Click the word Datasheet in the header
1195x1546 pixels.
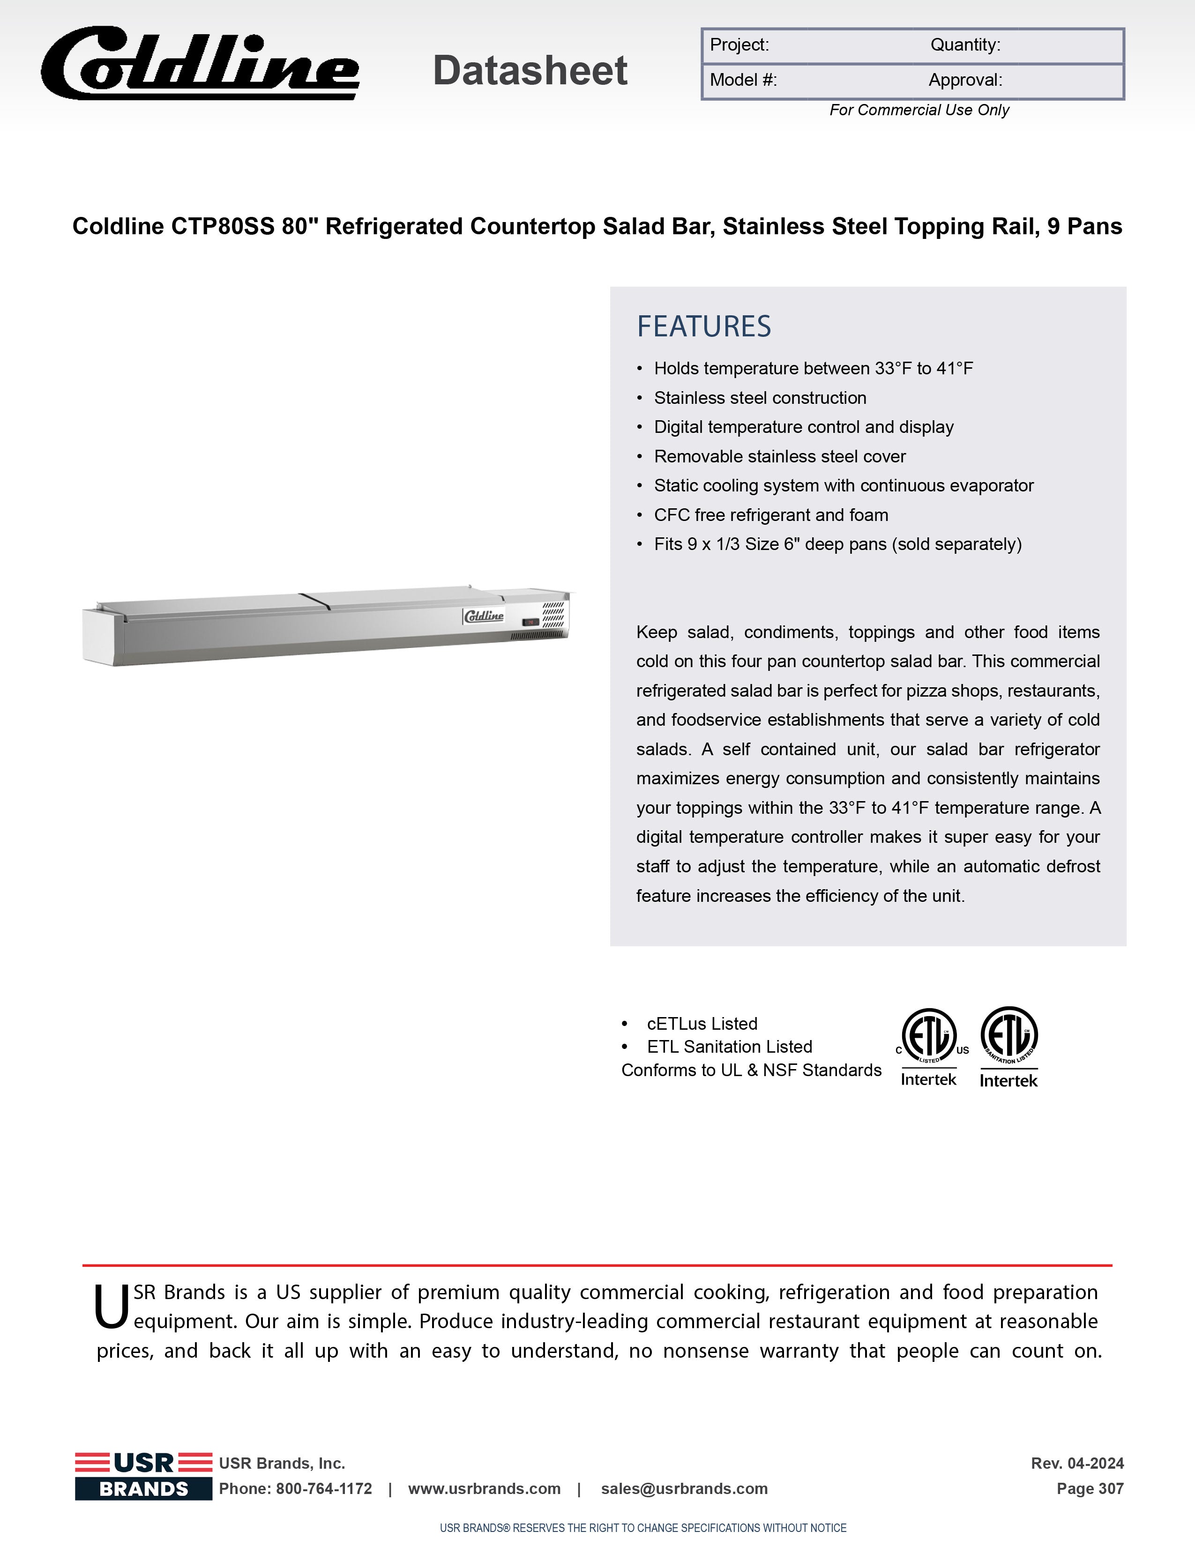[x=530, y=71]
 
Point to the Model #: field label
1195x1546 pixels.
[x=743, y=80]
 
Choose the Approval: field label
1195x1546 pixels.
[x=965, y=80]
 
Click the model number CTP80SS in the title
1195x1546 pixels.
[x=222, y=227]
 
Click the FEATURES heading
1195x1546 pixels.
[x=704, y=327]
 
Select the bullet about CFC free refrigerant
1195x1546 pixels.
[x=770, y=515]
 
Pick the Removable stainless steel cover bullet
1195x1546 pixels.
[x=779, y=457]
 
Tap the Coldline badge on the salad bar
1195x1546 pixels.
[x=484, y=616]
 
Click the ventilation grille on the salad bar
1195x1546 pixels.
[x=553, y=615]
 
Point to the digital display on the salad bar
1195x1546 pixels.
[x=530, y=622]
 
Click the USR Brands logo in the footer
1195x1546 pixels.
[x=144, y=1476]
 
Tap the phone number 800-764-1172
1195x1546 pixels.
[x=323, y=1489]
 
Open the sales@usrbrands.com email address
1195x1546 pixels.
[x=684, y=1489]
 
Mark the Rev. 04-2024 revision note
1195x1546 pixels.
[x=1077, y=1463]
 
